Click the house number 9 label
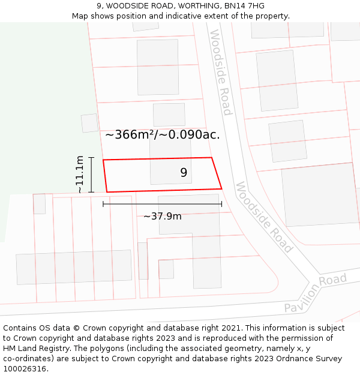[184, 173]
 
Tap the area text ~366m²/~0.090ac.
[163, 135]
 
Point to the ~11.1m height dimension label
[80, 175]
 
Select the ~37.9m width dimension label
[163, 216]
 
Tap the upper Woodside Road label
[220, 73]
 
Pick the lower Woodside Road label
[264, 217]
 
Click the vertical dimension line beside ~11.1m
[91, 175]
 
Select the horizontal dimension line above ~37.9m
[163, 204]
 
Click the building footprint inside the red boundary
[171, 171]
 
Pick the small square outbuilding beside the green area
[89, 123]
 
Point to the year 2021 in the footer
[233, 328]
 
